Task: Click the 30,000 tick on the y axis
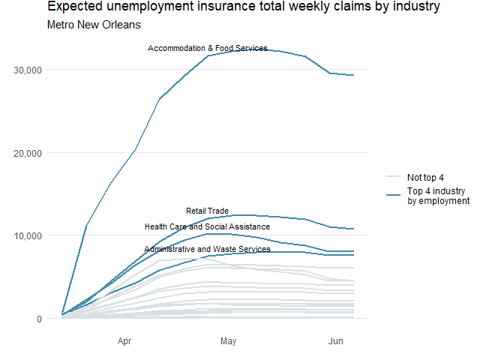28,70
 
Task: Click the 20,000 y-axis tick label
28,153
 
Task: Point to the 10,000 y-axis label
28,235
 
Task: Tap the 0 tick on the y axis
38,319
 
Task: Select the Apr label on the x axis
124,342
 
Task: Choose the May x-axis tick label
229,342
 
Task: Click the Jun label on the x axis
336,342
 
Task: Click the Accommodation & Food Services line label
208,49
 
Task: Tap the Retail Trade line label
208,211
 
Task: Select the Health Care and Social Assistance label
208,227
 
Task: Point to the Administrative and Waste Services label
208,249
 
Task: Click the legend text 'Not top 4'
425,178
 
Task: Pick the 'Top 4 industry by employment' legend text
438,196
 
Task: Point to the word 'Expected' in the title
73,7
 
